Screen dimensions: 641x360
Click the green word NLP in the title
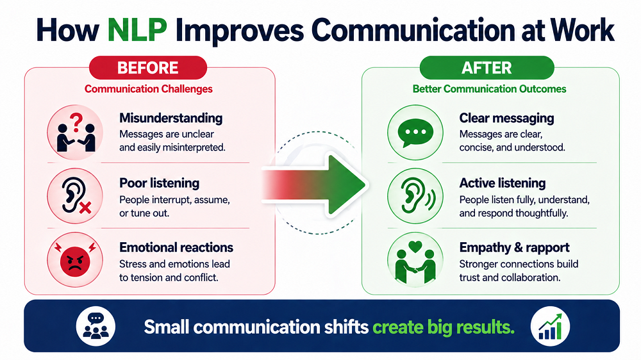point(137,30)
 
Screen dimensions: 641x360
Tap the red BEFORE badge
point(148,67)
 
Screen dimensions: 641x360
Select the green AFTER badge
point(487,67)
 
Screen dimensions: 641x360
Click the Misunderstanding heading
point(171,118)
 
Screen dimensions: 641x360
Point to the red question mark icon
point(76,122)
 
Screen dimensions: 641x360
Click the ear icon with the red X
point(75,196)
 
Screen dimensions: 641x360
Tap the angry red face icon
point(75,260)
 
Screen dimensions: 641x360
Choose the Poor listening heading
point(160,183)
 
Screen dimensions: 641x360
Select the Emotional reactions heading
point(176,247)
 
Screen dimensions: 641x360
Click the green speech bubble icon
point(415,133)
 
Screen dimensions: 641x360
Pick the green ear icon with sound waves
point(416,196)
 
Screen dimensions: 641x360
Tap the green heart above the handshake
point(415,247)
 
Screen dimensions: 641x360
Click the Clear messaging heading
point(506,118)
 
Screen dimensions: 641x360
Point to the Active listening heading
point(503,183)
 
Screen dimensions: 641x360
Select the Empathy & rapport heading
point(514,247)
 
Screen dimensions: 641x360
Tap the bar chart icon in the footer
point(550,327)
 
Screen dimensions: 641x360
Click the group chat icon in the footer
point(96,326)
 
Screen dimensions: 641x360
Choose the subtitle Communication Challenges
point(149,88)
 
